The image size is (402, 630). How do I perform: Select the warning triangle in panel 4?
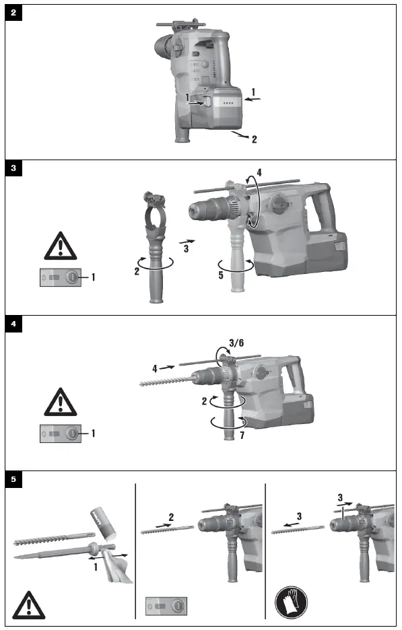pos(61,402)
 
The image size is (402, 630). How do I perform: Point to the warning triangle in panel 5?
pos(29,604)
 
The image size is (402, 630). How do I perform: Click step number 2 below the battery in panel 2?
pos(254,140)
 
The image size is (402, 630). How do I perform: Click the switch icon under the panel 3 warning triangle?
pos(61,277)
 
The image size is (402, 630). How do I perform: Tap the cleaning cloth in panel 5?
pos(121,565)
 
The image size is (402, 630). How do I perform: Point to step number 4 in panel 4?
pos(154,368)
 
